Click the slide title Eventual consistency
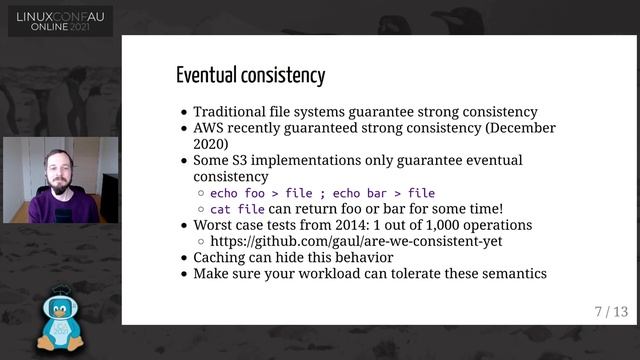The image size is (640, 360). coord(250,75)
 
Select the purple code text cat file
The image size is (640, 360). coord(237,209)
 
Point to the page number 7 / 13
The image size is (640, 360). coord(611,312)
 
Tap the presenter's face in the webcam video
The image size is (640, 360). coord(58,173)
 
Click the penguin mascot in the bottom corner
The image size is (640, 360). coord(60,320)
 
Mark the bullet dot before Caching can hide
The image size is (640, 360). coord(182,257)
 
